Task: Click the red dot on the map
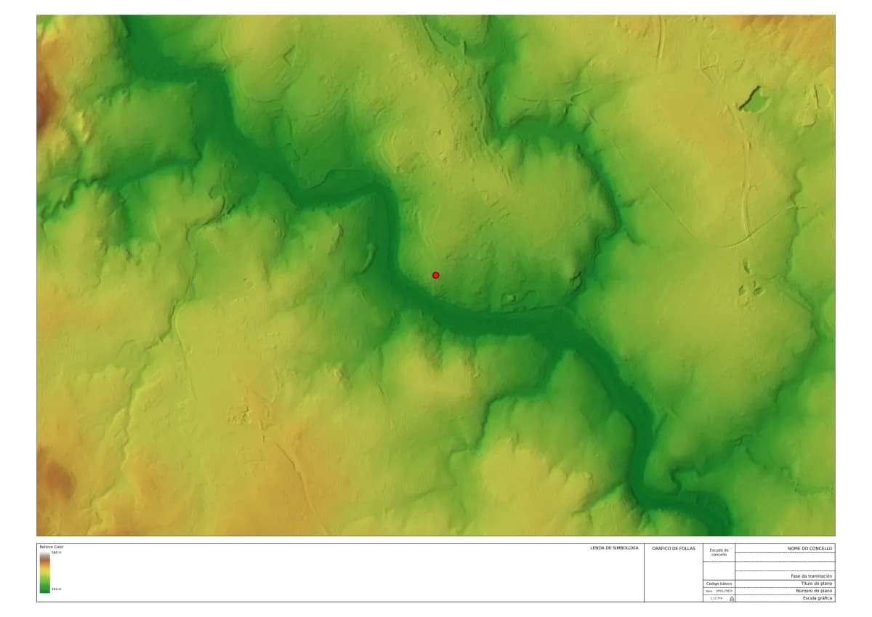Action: [x=436, y=275]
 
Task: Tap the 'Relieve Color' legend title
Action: [x=52, y=547]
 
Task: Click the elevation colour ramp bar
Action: [x=45, y=572]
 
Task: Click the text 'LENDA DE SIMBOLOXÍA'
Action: [x=614, y=548]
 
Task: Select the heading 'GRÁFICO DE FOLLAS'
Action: [x=674, y=548]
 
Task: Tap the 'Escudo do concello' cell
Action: [x=719, y=552]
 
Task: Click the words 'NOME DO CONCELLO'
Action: [x=810, y=548]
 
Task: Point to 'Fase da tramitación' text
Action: [x=812, y=576]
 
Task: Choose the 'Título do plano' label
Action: [x=817, y=583]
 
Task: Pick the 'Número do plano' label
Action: [x=815, y=591]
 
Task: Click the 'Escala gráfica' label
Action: [x=817, y=598]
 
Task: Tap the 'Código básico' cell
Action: [x=719, y=584]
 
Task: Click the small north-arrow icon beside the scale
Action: [x=731, y=598]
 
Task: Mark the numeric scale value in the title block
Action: [x=716, y=598]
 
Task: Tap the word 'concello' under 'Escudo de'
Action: [x=719, y=555]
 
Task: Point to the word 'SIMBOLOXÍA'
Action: [x=624, y=548]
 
